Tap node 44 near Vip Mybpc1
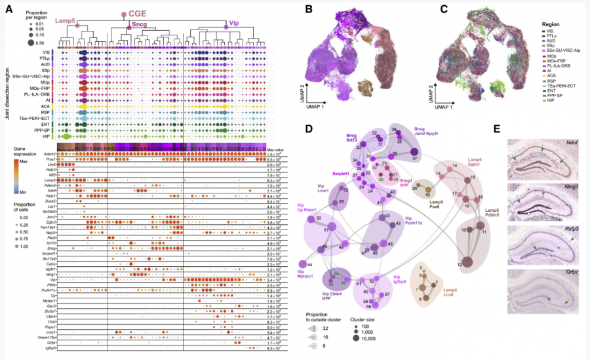[x=310, y=263]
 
